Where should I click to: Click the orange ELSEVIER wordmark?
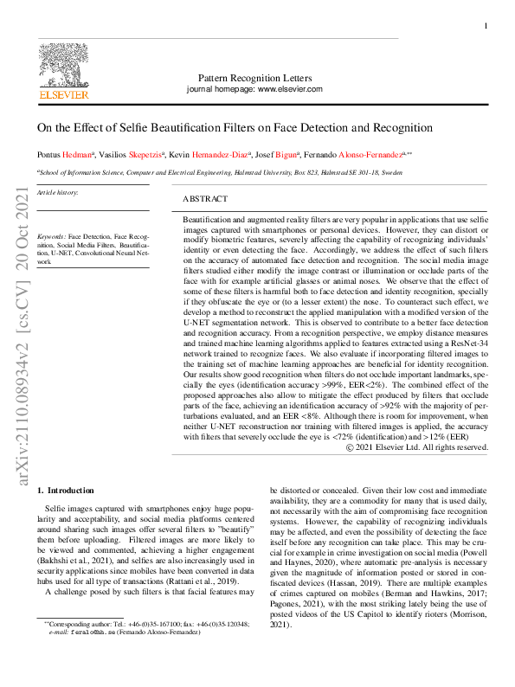[64, 95]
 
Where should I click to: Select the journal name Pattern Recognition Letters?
[254, 77]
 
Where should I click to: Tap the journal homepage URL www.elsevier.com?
[290, 89]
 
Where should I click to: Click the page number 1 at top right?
[485, 27]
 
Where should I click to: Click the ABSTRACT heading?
[206, 198]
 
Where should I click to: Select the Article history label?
[57, 192]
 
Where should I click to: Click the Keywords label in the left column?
[51, 235]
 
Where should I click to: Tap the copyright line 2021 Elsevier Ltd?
[419, 447]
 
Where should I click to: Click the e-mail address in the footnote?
[94, 632]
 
